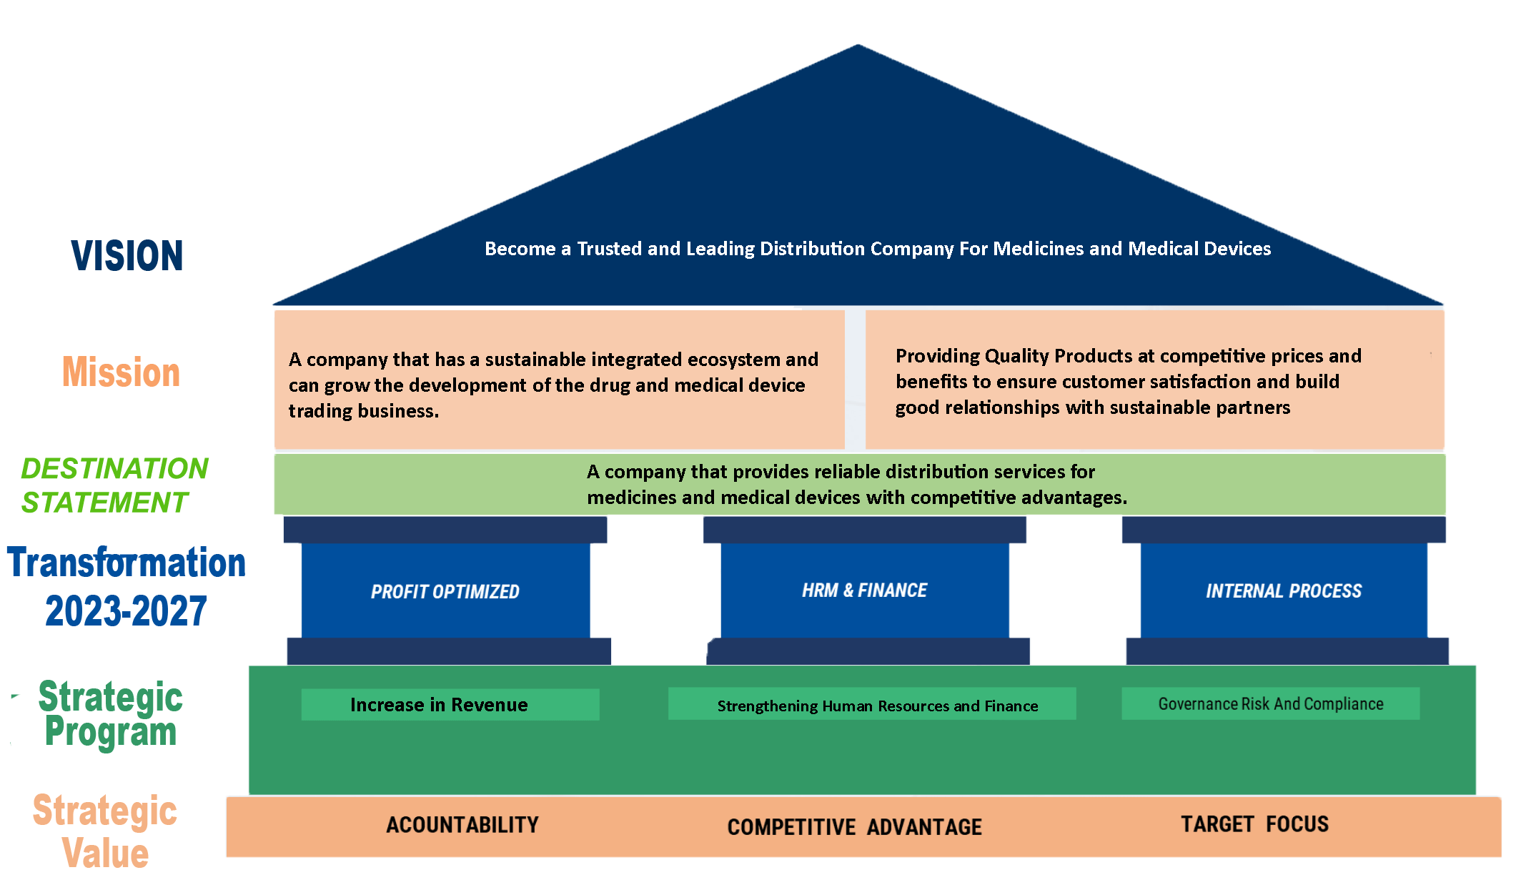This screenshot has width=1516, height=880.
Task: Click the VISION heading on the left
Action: [x=127, y=256]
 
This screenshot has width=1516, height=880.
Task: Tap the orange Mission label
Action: [x=122, y=372]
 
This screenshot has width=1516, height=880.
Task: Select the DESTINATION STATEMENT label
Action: [x=114, y=485]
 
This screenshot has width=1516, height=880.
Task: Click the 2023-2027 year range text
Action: [x=126, y=611]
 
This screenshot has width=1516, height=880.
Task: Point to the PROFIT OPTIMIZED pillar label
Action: [x=445, y=592]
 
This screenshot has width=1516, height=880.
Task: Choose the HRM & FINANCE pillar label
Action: [x=864, y=590]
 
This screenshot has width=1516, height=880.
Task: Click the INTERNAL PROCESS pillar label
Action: [x=1284, y=591]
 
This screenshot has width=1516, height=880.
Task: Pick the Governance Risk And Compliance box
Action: [x=1270, y=704]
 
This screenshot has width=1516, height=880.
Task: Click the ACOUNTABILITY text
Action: [x=462, y=825]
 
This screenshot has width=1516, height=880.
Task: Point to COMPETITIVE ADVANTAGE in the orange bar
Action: [x=854, y=827]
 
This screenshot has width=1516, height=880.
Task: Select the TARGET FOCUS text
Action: [x=1254, y=824]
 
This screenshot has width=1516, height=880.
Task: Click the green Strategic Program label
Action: [x=111, y=714]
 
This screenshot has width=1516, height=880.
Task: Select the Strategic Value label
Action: [x=105, y=831]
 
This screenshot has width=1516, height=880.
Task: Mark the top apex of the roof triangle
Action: [x=858, y=46]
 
